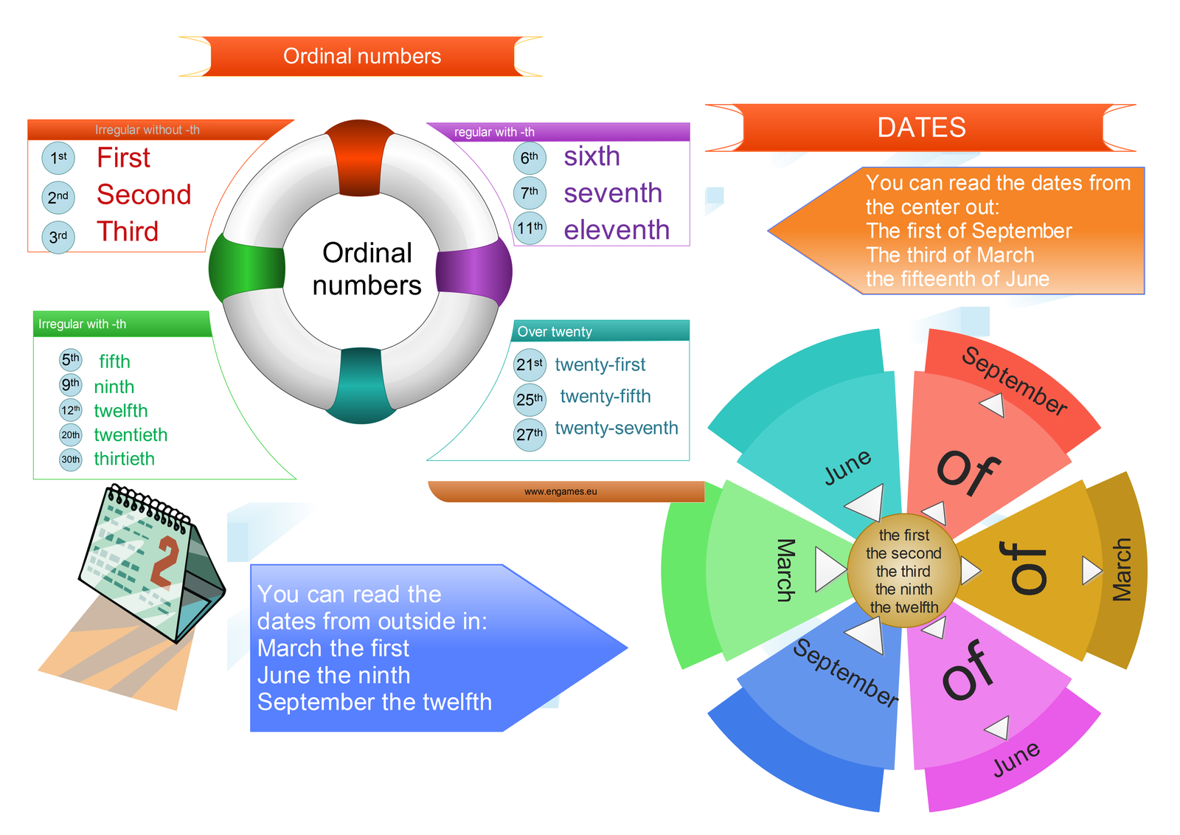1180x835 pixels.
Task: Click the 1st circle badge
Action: pyautogui.click(x=58, y=158)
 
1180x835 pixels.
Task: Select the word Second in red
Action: pyautogui.click(x=144, y=195)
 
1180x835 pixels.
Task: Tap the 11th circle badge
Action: pyautogui.click(x=530, y=228)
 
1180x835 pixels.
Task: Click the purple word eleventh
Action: pyautogui.click(x=617, y=230)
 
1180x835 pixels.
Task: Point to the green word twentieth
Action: pyautogui.click(x=131, y=435)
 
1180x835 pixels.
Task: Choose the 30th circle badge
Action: pyautogui.click(x=71, y=460)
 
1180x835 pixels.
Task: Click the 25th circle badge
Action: pyautogui.click(x=530, y=400)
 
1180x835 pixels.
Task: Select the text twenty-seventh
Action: pyautogui.click(x=617, y=429)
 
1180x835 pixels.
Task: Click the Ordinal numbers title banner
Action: pyautogui.click(x=361, y=57)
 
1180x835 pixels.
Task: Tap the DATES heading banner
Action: pyautogui.click(x=921, y=128)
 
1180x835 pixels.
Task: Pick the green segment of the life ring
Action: pyautogui.click(x=247, y=269)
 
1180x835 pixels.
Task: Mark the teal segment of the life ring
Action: pyautogui.click(x=361, y=385)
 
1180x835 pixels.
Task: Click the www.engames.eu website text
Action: pyautogui.click(x=560, y=492)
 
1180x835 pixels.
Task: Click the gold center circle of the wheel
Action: pyautogui.click(x=903, y=571)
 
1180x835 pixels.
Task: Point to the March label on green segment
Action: pyautogui.click(x=786, y=570)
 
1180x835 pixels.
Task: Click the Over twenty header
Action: pyautogui.click(x=555, y=332)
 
